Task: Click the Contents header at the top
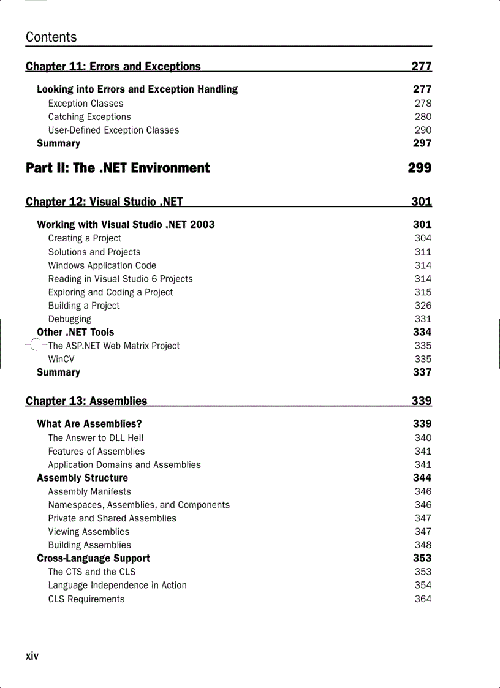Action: (x=51, y=37)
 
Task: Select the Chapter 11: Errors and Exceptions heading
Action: (x=113, y=66)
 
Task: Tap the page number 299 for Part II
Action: (x=420, y=168)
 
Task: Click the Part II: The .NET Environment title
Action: (x=118, y=168)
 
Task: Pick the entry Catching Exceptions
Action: (x=89, y=117)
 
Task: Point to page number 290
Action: (x=423, y=130)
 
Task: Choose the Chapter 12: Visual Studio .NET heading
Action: (x=104, y=202)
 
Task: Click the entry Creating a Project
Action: (x=85, y=238)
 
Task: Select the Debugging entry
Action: (x=70, y=319)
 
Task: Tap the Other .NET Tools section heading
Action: (x=75, y=332)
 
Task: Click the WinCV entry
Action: (x=61, y=359)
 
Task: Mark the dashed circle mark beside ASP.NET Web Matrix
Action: (x=36, y=346)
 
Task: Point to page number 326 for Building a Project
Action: (x=423, y=306)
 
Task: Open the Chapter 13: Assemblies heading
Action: (x=86, y=401)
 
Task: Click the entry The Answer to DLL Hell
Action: (x=96, y=438)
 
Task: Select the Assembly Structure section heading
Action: (x=83, y=478)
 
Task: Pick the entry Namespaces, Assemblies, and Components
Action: (x=139, y=505)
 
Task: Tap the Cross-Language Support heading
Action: (x=93, y=558)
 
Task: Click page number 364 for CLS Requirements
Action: (x=423, y=599)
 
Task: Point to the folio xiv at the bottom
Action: (x=32, y=656)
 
